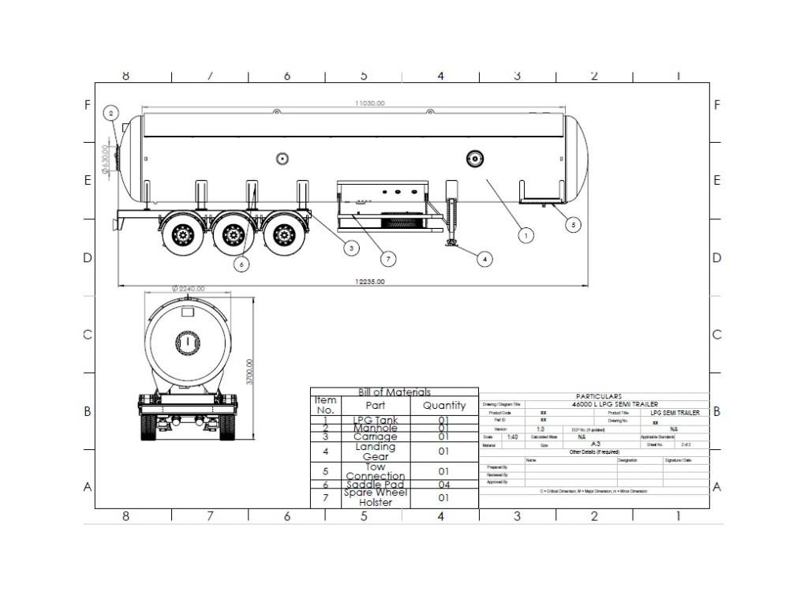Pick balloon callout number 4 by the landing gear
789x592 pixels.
pyautogui.click(x=484, y=257)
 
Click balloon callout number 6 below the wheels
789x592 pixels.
pyautogui.click(x=242, y=264)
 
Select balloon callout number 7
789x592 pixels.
pyautogui.click(x=387, y=257)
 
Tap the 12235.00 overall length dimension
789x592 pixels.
pyautogui.click(x=369, y=282)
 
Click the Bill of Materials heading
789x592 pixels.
pyautogui.click(x=394, y=392)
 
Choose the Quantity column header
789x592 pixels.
pyautogui.click(x=444, y=406)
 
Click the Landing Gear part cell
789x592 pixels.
pyautogui.click(x=376, y=451)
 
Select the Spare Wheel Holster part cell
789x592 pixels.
pyautogui.click(x=376, y=498)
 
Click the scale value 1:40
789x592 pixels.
pyautogui.click(x=512, y=437)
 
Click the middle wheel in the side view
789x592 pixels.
pyautogui.click(x=233, y=234)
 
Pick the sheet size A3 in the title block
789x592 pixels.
pyautogui.click(x=596, y=444)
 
